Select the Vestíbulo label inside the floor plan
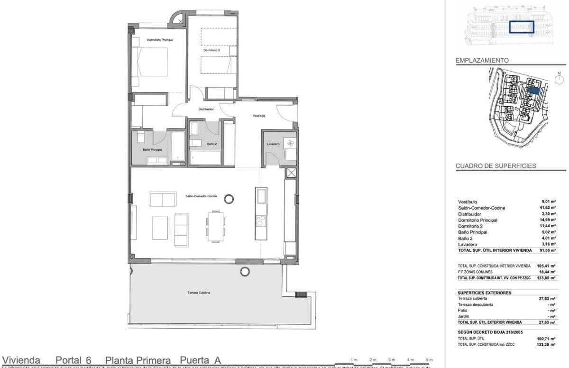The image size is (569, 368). click(258, 116)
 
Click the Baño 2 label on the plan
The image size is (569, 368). click(211, 145)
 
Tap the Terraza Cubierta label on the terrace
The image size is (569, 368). click(199, 293)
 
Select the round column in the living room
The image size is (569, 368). click(229, 199)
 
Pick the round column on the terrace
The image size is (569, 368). click(245, 272)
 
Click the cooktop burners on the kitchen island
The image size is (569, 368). click(260, 221)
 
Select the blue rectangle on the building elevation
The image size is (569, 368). click(521, 27)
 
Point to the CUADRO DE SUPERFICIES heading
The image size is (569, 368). click(496, 166)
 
